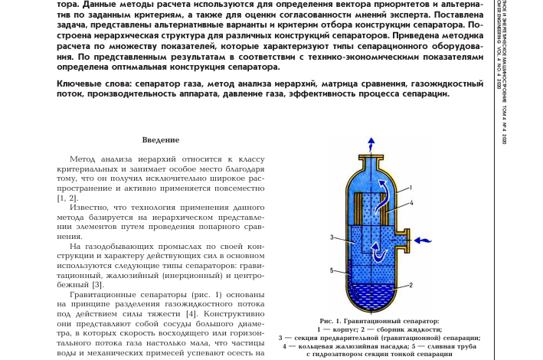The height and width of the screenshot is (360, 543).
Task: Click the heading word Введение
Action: coord(161,140)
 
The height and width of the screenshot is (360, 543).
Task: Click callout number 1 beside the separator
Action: coord(411,188)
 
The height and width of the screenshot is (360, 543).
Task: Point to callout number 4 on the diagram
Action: coord(411,203)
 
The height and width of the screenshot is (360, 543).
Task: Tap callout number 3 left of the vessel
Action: coord(332,237)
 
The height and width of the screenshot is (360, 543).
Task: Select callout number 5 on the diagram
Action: coord(332,270)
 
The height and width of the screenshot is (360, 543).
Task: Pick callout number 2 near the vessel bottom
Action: coord(411,285)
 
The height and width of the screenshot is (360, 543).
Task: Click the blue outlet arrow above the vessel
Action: coord(371,143)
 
